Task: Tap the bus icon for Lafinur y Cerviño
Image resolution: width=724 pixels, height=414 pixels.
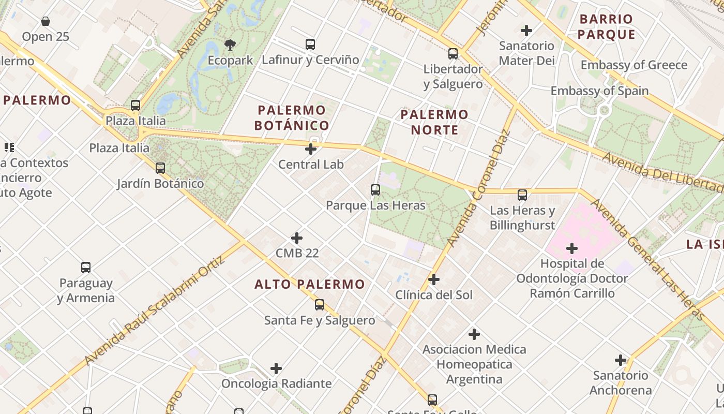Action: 310,45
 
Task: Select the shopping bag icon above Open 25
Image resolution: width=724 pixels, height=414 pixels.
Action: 46,21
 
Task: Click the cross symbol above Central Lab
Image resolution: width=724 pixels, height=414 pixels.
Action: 311,150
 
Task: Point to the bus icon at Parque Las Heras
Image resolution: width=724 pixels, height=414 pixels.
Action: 375,190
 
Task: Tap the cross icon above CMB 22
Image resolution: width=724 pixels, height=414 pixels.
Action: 297,238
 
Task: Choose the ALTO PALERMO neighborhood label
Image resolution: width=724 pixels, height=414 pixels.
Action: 310,284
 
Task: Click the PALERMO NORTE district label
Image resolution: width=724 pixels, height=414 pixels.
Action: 434,122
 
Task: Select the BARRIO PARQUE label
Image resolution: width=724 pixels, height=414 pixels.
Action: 606,27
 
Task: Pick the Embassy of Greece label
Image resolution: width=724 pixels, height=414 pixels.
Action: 634,65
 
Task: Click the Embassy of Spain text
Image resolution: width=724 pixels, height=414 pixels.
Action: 599,91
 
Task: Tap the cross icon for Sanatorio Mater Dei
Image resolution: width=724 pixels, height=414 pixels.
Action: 526,31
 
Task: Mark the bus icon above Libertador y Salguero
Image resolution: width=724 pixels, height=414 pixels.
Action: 453,53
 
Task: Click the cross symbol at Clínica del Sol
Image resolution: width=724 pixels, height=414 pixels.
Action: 434,280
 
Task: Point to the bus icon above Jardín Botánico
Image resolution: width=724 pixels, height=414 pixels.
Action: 160,168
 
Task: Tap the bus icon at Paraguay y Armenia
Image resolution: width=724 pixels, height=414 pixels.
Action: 86,268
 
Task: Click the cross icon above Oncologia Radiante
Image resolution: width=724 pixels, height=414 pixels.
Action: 276,368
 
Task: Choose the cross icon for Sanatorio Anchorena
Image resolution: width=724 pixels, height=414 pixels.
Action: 621,360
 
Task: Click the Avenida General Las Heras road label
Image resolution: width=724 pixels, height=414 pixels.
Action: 648,259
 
